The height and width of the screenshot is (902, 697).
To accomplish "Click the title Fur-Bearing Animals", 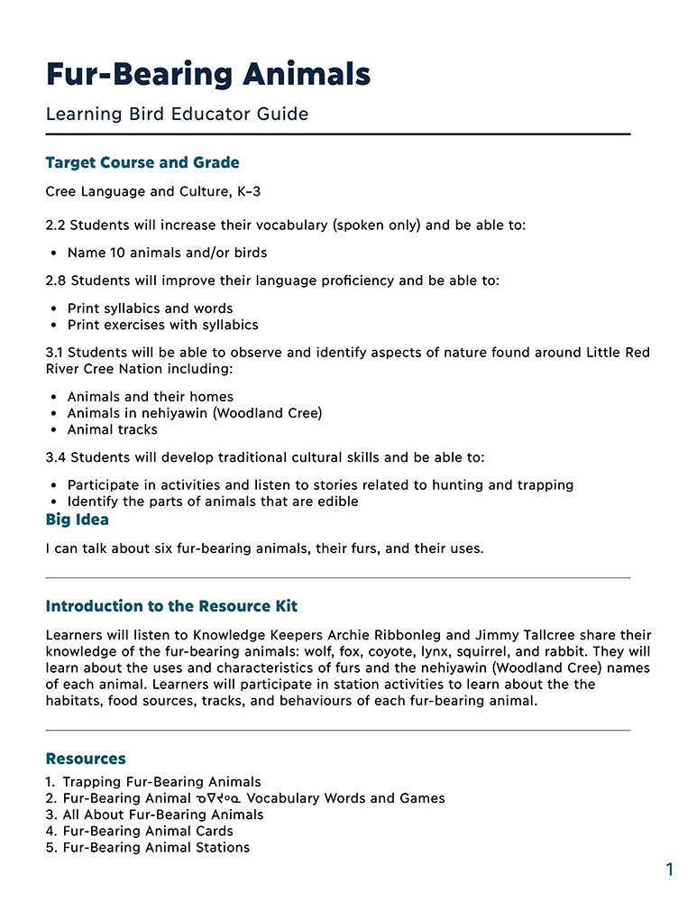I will (208, 73).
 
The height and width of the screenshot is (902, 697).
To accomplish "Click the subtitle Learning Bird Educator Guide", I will (177, 115).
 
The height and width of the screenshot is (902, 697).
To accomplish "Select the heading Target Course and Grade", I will (142, 163).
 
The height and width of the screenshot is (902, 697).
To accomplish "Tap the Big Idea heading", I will (77, 520).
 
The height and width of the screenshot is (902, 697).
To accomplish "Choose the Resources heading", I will (86, 759).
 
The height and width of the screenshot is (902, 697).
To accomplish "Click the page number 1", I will (669, 870).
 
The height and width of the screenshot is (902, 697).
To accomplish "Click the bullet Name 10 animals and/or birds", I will (167, 253).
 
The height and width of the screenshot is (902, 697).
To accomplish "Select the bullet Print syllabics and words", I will (150, 308).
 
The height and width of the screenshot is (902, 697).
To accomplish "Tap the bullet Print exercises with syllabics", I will (162, 325).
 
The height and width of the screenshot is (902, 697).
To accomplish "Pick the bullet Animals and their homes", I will (150, 397).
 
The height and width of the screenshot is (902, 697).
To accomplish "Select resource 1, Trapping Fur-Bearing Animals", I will (161, 782).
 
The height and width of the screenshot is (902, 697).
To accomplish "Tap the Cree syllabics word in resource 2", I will (217, 799).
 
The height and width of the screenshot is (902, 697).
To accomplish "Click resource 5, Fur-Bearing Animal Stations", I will (156, 848).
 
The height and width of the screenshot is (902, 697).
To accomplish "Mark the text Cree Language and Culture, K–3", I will (153, 192).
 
